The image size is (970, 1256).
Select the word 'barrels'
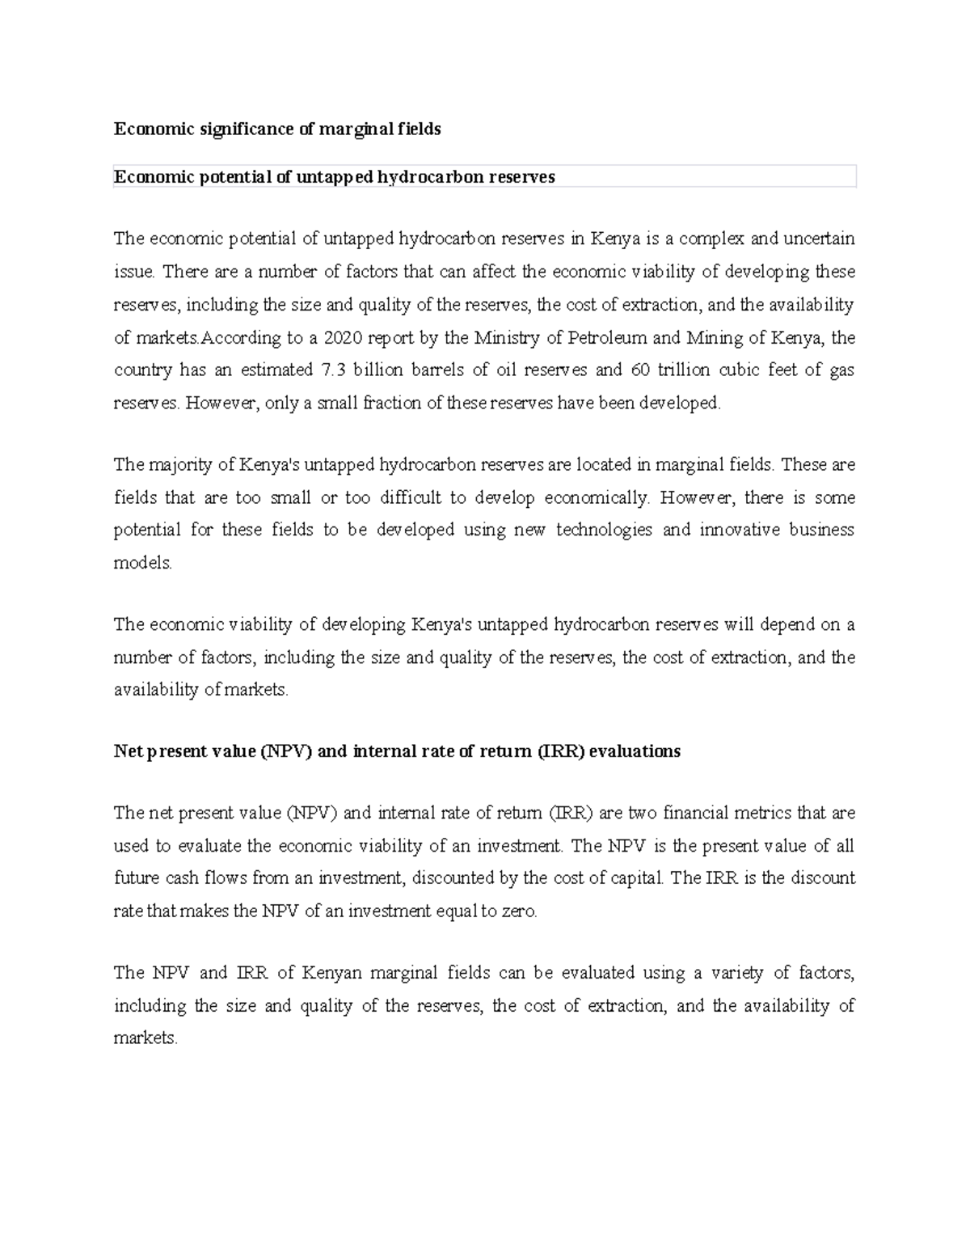tap(432, 370)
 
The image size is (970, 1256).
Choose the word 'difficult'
tap(406, 498)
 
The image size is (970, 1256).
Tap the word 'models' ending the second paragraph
tap(142, 564)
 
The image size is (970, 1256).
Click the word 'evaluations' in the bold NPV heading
tap(635, 751)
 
